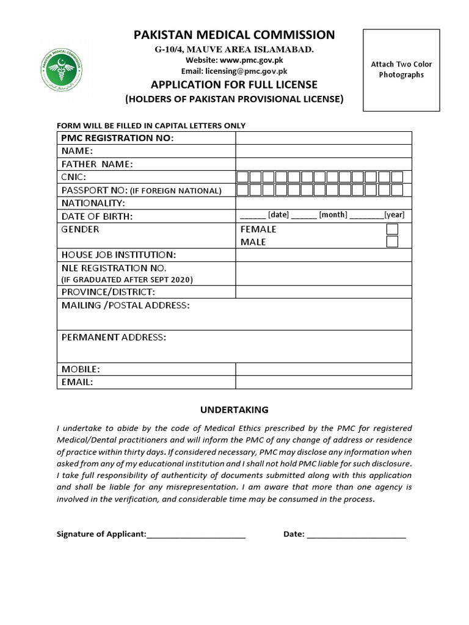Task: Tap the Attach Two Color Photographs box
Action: point(401,70)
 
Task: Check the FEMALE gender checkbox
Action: point(393,229)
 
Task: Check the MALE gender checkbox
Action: point(393,242)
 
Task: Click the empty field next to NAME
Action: point(324,151)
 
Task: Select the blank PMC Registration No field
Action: point(324,138)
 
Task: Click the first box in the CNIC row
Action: point(242,177)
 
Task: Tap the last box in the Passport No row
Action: point(397,190)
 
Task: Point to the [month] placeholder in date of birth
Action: point(333,215)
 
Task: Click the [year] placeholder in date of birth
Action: point(394,215)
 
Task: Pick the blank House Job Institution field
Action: point(324,255)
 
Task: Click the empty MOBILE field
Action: point(324,369)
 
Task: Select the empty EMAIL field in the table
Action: point(324,382)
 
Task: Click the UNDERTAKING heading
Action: point(234,410)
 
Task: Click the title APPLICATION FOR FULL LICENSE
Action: point(234,84)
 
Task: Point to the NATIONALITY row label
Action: point(93,203)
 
